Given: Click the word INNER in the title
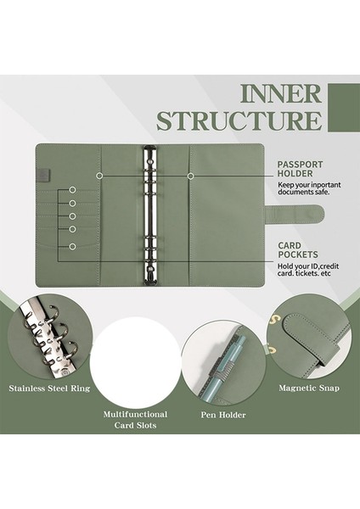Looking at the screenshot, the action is click(281, 94).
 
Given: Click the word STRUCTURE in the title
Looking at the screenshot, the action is click(239, 120).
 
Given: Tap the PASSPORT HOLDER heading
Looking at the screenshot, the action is click(300, 169).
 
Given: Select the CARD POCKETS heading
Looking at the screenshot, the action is click(298, 250).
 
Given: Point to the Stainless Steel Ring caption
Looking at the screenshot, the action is click(49, 389).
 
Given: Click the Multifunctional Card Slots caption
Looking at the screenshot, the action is click(135, 420).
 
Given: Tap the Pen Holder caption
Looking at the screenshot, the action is click(223, 415).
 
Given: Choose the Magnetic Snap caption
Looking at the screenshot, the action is click(309, 388).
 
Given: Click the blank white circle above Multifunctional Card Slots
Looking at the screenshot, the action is click(135, 361).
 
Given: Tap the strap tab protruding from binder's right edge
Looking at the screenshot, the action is click(294, 214).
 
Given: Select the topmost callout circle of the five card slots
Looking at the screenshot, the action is click(72, 190).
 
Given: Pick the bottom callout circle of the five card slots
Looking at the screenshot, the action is click(72, 247).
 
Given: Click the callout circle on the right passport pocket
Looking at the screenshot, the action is click(191, 176).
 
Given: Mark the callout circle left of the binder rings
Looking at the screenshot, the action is click(99, 176).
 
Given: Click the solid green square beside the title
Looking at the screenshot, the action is click(344, 108).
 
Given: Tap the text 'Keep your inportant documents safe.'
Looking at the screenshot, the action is click(309, 188).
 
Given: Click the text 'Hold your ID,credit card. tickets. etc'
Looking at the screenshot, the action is click(308, 270).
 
